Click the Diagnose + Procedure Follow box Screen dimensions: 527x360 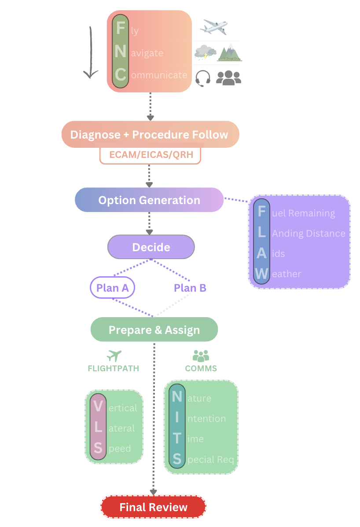click(150, 135)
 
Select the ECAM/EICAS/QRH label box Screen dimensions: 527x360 click(150, 155)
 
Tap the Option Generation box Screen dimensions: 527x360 click(149, 200)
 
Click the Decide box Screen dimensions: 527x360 click(151, 247)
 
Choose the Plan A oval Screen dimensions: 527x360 click(112, 288)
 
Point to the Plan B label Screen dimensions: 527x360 click(190, 288)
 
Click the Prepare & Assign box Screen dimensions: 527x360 click(154, 330)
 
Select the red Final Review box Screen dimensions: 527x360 click(153, 507)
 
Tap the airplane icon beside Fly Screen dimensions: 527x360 click(213, 27)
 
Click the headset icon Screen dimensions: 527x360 click(202, 78)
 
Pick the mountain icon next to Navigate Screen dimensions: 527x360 click(229, 53)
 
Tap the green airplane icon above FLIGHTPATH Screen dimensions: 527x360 click(114, 355)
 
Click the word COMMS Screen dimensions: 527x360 click(201, 369)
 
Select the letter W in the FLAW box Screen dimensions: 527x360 click(261, 274)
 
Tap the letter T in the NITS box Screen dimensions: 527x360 click(177, 439)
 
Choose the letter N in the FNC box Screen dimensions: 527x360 click(120, 52)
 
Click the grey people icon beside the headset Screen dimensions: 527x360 click(229, 78)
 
